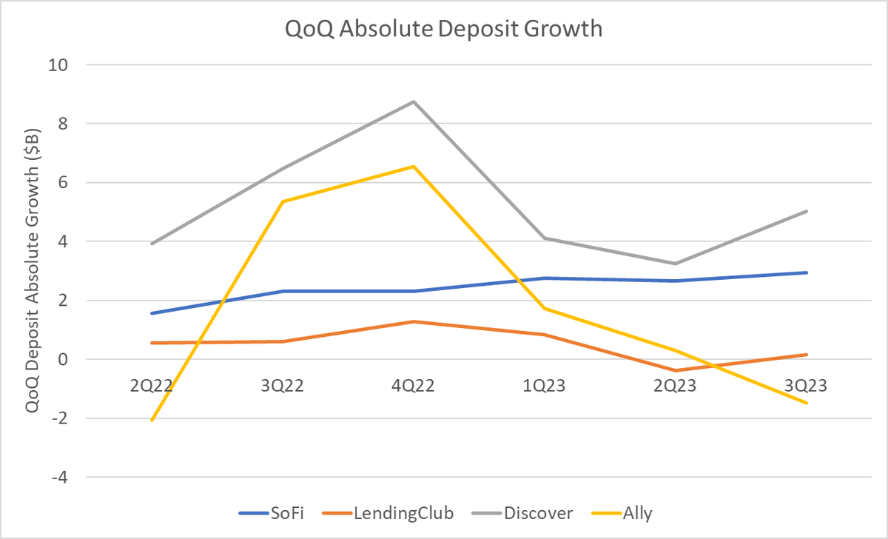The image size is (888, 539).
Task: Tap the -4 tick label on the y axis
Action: pos(58,478)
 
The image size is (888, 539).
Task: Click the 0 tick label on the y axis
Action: pos(62,360)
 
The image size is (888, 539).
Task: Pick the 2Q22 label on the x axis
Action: pos(150,386)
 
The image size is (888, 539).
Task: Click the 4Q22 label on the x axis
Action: pos(413,386)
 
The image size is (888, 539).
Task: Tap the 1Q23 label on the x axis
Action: pos(545,386)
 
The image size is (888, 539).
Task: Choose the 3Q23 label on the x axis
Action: pos(807,386)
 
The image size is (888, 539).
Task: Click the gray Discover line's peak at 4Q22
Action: pos(414,101)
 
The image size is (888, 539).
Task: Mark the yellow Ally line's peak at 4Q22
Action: pos(414,167)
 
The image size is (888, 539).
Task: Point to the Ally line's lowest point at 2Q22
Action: pos(151,420)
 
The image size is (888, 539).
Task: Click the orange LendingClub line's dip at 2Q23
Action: pos(676,370)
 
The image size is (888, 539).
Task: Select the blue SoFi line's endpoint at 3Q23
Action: pos(807,272)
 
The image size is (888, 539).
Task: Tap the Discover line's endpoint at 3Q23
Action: pos(807,211)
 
